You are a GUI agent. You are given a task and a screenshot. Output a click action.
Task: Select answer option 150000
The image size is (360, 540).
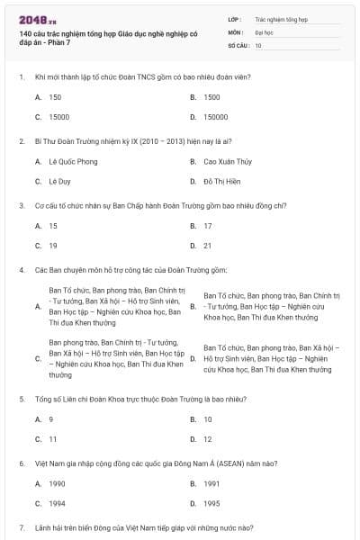(x=216, y=117)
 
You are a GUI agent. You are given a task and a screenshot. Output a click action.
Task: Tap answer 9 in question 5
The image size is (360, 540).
(x=51, y=418)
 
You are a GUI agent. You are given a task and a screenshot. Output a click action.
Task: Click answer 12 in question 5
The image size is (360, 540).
(x=208, y=438)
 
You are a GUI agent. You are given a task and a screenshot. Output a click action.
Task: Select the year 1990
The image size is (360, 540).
(x=57, y=483)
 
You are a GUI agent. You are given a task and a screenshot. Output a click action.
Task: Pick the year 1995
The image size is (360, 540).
(x=211, y=503)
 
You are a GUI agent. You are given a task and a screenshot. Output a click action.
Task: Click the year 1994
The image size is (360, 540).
(x=57, y=503)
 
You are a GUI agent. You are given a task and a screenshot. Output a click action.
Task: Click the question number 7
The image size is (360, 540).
(x=21, y=527)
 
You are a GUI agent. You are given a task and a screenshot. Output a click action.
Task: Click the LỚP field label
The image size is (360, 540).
(x=235, y=17)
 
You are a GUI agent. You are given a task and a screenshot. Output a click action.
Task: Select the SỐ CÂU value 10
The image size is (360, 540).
(x=258, y=44)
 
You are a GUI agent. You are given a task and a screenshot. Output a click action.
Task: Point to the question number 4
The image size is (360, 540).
(x=21, y=270)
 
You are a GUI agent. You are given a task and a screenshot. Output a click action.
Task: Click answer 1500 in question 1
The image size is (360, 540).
(x=212, y=97)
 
